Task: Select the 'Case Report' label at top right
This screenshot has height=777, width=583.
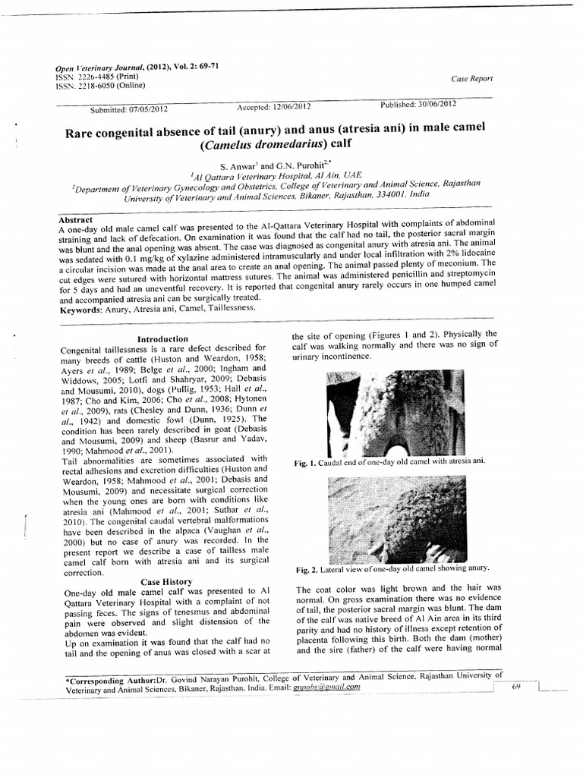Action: [471, 78]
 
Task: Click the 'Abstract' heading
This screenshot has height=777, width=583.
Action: [75, 219]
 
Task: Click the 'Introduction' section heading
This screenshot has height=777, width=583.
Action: [162, 338]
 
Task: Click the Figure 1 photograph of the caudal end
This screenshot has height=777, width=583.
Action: [395, 412]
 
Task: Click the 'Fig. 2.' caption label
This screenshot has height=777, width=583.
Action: [306, 568]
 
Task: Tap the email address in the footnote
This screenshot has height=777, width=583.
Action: [324, 687]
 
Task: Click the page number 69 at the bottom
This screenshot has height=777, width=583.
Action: [515, 687]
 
